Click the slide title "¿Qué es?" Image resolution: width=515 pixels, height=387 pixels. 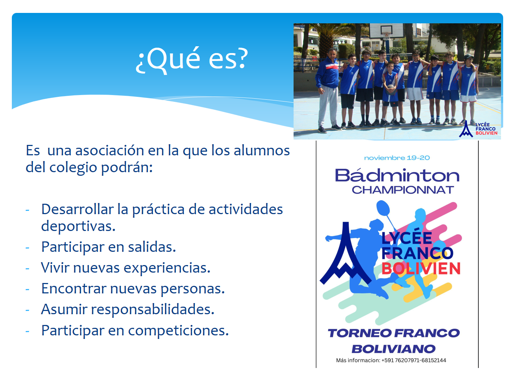click(x=191, y=60)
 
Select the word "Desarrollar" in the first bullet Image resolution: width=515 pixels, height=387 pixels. click(x=78, y=209)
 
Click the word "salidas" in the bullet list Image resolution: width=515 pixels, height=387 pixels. click(x=152, y=247)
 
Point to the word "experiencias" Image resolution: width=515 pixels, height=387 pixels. click(x=167, y=268)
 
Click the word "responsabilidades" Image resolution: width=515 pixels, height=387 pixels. click(x=153, y=310)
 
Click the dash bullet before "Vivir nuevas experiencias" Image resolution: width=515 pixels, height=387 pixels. click(x=27, y=268)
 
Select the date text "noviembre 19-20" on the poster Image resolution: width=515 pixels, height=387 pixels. click(x=397, y=158)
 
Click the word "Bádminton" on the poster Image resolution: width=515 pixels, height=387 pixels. click(x=397, y=175)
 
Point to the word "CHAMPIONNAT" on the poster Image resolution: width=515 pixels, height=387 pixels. click(x=403, y=190)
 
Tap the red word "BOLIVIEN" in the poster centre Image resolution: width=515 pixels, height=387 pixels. click(x=421, y=268)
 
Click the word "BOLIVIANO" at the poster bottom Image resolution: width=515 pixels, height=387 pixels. click(x=393, y=349)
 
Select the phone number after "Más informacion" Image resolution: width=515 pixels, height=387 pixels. click(x=414, y=360)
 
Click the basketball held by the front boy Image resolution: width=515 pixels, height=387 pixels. click(x=390, y=89)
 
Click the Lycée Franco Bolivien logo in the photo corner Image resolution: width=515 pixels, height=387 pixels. click(x=478, y=129)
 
